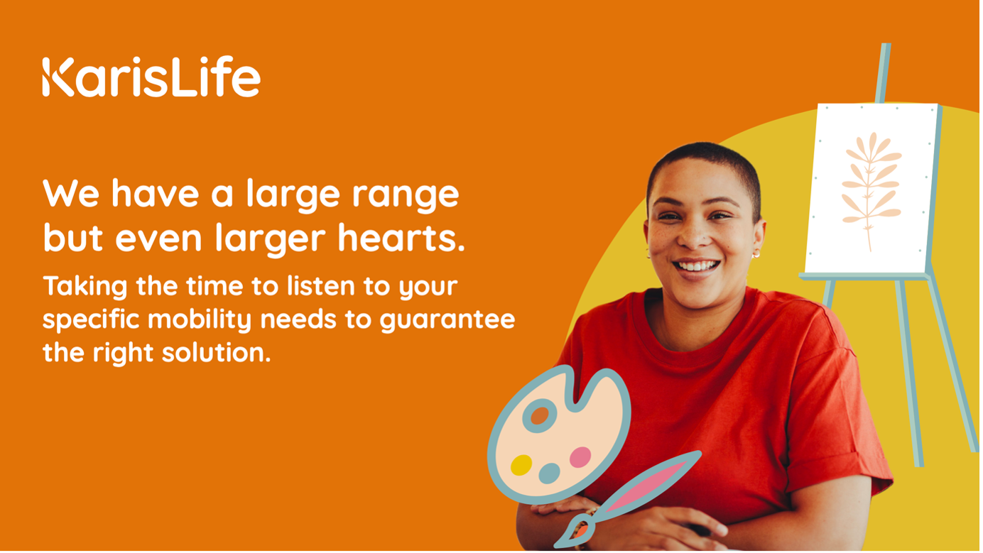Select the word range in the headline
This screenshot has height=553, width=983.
tap(406, 195)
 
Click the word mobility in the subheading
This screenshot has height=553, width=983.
tap(200, 320)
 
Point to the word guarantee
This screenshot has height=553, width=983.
tap(447, 320)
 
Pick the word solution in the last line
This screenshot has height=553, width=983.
tap(216, 352)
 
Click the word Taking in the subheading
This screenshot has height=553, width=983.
tap(85, 288)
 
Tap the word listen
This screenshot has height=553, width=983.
tap(321, 286)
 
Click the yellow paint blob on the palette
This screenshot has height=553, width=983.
tap(521, 465)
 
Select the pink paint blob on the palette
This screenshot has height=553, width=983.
tap(580, 457)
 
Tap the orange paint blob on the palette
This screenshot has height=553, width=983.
tap(539, 416)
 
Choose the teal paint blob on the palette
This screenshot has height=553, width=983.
tap(550, 473)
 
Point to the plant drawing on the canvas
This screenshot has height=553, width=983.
tap(871, 191)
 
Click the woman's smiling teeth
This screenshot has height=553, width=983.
tap(697, 265)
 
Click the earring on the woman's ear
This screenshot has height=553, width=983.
tap(756, 254)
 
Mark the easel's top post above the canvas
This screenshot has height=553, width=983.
tap(883, 73)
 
